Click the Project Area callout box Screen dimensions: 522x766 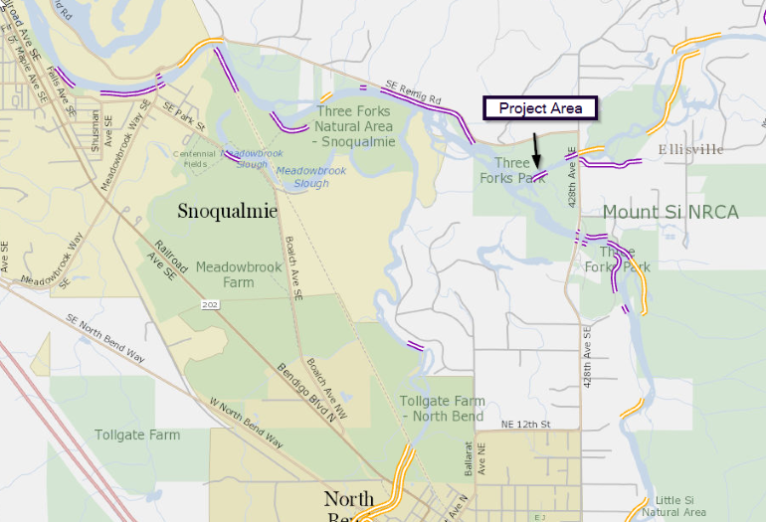click(540, 108)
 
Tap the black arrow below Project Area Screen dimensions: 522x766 click(535, 148)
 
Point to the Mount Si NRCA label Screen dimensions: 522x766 click(670, 212)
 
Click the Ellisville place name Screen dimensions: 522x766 click(690, 149)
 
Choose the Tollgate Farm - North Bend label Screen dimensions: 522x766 click(442, 408)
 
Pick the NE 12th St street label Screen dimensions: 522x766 click(526, 425)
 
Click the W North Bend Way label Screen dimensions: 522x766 click(244, 423)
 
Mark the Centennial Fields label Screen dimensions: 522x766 click(196, 159)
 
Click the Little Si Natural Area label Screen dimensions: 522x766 click(673, 506)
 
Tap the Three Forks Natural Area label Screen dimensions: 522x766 click(354, 126)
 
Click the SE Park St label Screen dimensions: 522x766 click(183, 116)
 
